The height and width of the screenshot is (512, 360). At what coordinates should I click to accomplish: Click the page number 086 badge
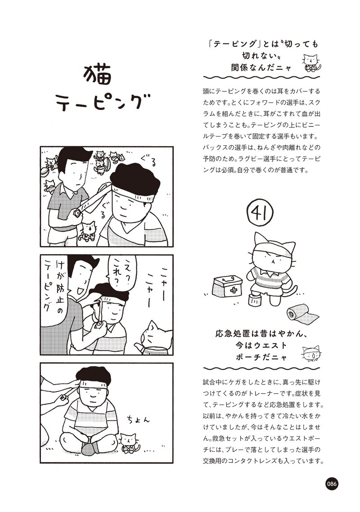tap(331, 484)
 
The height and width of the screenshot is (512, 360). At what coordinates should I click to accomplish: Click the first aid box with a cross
tap(227, 286)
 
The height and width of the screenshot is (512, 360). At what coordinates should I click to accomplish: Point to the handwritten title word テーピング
tap(103, 102)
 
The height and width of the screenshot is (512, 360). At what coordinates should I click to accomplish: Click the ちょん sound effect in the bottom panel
tap(139, 419)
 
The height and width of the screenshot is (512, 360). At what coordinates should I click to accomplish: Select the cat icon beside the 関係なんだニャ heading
tap(310, 63)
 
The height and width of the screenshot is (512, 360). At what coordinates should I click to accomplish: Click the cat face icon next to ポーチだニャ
tap(310, 354)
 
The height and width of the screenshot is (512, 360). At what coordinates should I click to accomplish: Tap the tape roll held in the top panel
tap(77, 212)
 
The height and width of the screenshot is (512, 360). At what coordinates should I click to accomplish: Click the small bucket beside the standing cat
tap(253, 300)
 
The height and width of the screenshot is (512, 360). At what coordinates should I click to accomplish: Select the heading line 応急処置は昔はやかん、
tap(261, 334)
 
